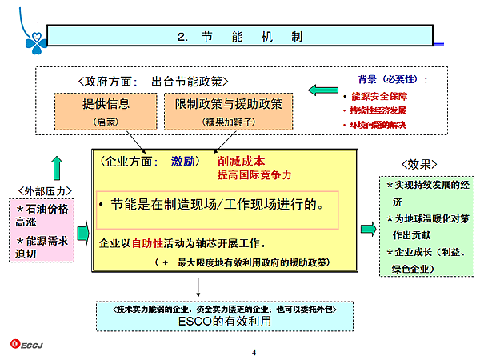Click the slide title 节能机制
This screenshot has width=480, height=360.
(x=239, y=37)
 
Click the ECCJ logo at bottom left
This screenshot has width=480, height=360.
(x=28, y=344)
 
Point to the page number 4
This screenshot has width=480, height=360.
(x=253, y=352)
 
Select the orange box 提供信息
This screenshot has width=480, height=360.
(x=106, y=112)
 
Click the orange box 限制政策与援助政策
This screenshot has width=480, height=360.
(x=228, y=112)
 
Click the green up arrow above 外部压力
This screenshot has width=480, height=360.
(x=56, y=167)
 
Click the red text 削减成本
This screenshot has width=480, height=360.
(x=241, y=160)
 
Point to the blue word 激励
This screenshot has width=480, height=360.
(x=183, y=161)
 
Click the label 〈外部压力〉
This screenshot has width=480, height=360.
(x=45, y=190)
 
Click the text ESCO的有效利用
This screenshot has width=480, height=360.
(x=225, y=322)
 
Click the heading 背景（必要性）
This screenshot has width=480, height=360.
(x=392, y=80)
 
